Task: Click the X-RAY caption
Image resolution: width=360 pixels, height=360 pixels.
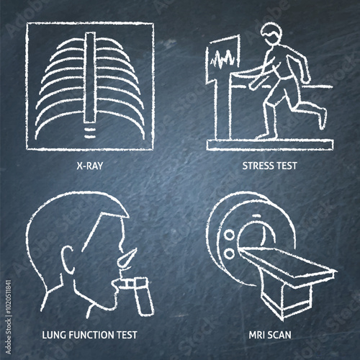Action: (x=90, y=166)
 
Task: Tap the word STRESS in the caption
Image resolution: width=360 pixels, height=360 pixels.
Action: (x=257, y=166)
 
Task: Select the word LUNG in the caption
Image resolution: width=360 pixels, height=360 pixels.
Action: (x=53, y=335)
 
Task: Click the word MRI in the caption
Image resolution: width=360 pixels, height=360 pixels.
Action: (x=256, y=335)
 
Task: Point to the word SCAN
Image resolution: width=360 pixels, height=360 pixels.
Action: (x=279, y=335)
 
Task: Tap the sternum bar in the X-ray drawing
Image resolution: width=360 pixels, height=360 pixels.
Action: (x=90, y=77)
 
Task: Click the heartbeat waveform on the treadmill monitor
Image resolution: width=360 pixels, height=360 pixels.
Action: (x=222, y=59)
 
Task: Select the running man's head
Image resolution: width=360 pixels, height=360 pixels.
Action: (x=271, y=34)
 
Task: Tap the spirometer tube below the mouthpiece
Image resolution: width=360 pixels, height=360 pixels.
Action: (x=144, y=296)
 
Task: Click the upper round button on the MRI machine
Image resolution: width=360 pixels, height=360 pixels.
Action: (x=229, y=235)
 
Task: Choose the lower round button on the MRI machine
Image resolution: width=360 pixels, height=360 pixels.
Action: (x=230, y=254)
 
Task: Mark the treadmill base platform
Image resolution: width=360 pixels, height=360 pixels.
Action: (x=270, y=145)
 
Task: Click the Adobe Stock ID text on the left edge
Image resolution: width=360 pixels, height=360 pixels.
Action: (x=8, y=317)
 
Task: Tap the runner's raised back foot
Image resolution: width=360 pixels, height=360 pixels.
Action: (x=323, y=118)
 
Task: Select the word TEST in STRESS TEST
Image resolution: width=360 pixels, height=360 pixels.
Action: (x=287, y=166)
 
